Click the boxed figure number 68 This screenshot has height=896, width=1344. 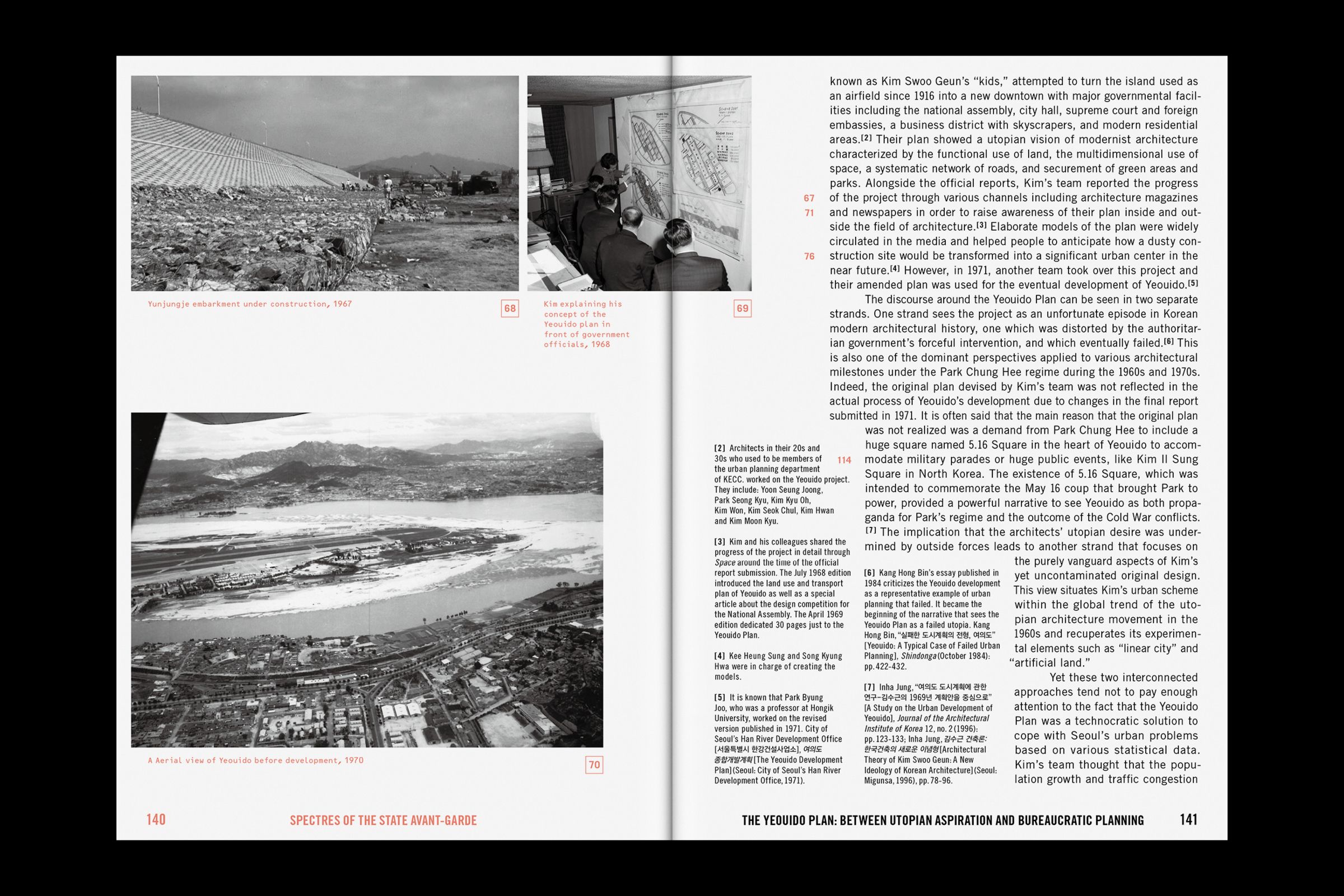(x=510, y=309)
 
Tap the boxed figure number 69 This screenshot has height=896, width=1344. (x=741, y=309)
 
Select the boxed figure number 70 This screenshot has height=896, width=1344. (x=594, y=764)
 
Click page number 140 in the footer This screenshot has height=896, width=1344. (x=156, y=819)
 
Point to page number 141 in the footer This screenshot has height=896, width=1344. (x=1188, y=819)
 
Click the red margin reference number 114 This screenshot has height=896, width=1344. (x=844, y=460)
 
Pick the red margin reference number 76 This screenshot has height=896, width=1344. (x=809, y=256)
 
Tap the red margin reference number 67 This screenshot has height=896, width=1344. (x=809, y=198)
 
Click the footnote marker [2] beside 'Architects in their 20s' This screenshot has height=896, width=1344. (x=720, y=448)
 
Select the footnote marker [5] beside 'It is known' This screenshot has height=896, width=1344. (x=720, y=697)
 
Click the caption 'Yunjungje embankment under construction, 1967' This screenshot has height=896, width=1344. (x=250, y=304)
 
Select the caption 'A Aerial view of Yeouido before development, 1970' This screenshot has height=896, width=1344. (x=255, y=760)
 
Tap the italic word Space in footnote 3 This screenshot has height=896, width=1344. (x=724, y=563)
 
